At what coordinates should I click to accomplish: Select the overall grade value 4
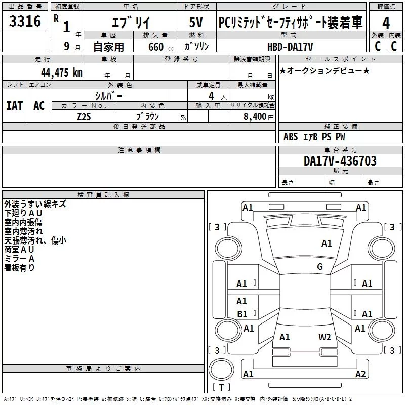[x=386, y=24]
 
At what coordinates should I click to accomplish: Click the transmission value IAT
[x=14, y=105]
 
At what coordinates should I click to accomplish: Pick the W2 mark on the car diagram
[x=325, y=337]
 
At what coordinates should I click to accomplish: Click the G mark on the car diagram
[x=320, y=267]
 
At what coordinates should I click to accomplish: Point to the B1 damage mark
[x=242, y=314]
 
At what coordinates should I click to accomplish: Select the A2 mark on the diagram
[x=360, y=374]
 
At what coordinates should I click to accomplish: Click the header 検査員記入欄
[x=103, y=195]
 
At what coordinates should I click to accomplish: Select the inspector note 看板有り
[x=20, y=268]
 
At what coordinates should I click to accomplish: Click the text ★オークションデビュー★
[x=325, y=71]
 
